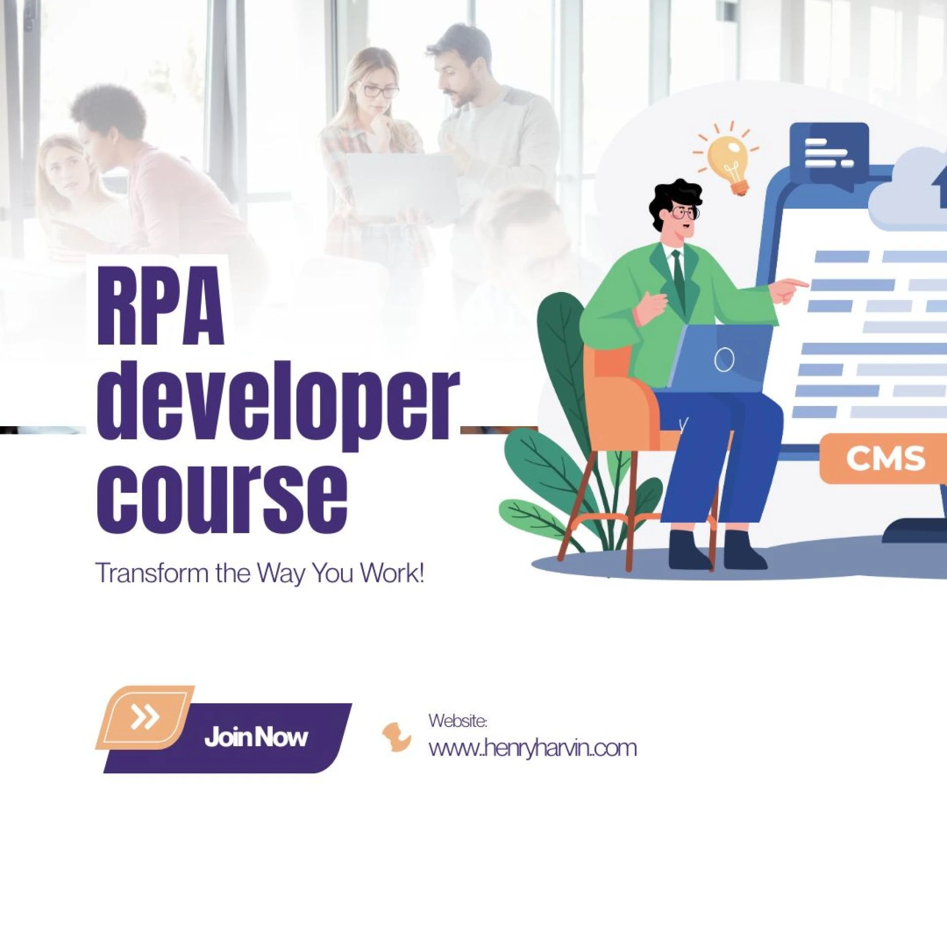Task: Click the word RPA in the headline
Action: coord(161,305)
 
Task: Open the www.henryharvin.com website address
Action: coord(533,748)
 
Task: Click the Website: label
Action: coord(458,721)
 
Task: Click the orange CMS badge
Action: coord(883,458)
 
